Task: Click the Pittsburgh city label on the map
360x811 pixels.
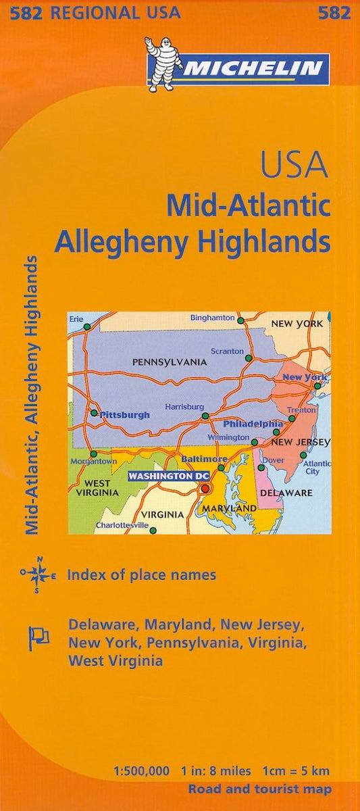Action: pos(125,415)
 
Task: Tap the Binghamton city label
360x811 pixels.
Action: pos(212,318)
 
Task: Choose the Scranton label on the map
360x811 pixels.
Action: pos(226,351)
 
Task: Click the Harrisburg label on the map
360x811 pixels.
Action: pos(184,407)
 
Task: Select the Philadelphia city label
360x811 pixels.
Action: pos(253,424)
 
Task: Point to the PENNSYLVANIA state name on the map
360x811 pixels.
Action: pos(169,362)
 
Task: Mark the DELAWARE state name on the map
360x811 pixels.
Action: pos(286,493)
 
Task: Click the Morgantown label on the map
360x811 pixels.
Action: pos(93,461)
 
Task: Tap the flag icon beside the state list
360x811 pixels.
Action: pos(38,636)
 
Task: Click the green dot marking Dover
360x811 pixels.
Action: pos(261,467)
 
